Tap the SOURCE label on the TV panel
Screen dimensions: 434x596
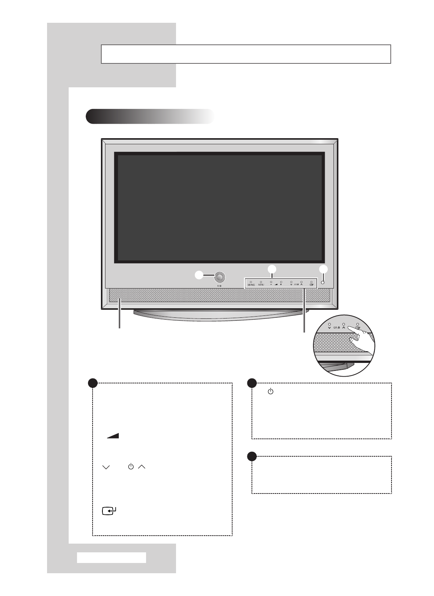(251, 284)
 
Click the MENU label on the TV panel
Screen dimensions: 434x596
(261, 284)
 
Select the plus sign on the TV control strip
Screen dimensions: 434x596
(281, 284)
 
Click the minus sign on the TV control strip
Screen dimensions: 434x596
(271, 284)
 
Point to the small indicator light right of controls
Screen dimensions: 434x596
(322, 282)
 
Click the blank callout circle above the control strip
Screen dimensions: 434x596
(271, 270)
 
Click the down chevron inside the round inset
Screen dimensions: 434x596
(329, 327)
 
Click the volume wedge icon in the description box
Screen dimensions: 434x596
(113, 436)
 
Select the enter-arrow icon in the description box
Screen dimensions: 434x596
(109, 511)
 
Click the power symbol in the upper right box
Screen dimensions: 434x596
(270, 391)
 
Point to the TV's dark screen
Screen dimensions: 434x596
(219, 207)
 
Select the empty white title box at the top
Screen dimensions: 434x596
(246, 54)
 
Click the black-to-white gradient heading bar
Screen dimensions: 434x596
(150, 116)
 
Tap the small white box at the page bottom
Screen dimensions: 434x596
(111, 557)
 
